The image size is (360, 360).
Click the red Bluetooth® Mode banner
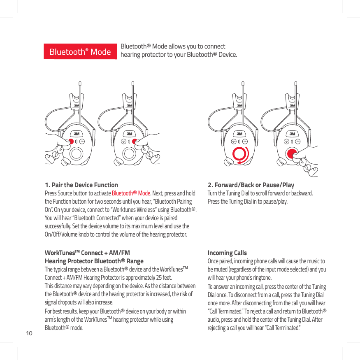click(80, 52)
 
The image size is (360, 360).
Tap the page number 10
click(29, 332)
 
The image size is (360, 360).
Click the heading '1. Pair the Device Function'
click(81, 185)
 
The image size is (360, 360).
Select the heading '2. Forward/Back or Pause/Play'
click(251, 185)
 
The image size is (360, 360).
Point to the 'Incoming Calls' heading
click(227, 253)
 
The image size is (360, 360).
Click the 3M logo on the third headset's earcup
click(239, 134)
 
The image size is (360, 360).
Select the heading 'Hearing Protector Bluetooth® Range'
click(94, 261)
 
